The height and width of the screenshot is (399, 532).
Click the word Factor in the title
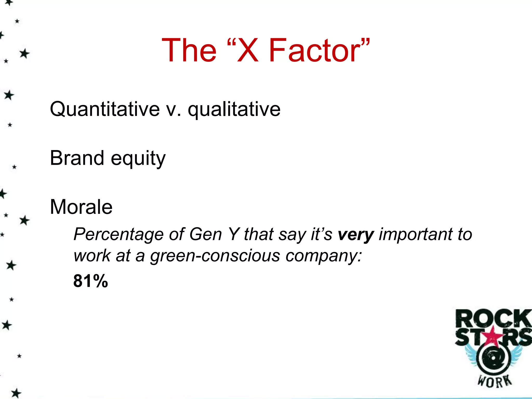point(314,50)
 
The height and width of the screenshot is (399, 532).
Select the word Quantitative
point(105,109)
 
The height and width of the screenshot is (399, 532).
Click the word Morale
point(81,207)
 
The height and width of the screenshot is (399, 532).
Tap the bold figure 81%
point(90,281)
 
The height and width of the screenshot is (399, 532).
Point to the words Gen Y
point(214,234)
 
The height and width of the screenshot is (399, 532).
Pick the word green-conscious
point(215,256)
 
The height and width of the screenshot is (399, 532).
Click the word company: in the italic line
point(324,256)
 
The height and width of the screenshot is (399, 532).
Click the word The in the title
point(189,50)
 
